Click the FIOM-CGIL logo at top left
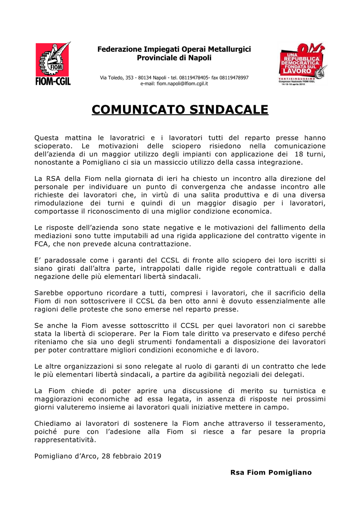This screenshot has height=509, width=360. pyautogui.click(x=53, y=64)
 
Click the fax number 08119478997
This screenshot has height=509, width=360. pyautogui.click(x=234, y=78)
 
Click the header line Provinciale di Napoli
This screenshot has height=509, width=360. pyautogui.click(x=174, y=58)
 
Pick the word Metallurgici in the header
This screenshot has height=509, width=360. pyautogui.click(x=226, y=49)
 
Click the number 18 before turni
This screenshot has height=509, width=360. pyautogui.click(x=299, y=154)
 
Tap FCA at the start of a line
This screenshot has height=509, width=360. pyautogui.click(x=42, y=244)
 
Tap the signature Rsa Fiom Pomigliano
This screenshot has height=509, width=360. pyautogui.click(x=271, y=472)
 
